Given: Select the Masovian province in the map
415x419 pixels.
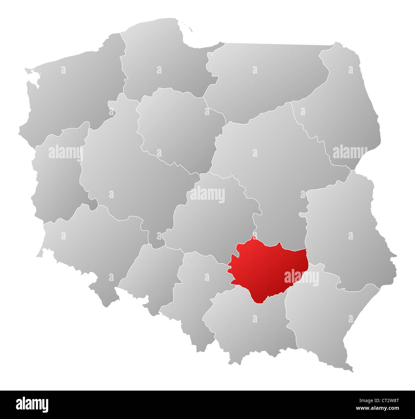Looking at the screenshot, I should click(271, 166).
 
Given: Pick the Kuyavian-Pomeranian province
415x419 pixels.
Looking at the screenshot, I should click(179, 128).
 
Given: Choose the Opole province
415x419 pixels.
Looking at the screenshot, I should click(150, 274).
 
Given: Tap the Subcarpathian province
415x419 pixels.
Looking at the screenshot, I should click(326, 316).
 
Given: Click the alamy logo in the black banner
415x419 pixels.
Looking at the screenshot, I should click(32, 404).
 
